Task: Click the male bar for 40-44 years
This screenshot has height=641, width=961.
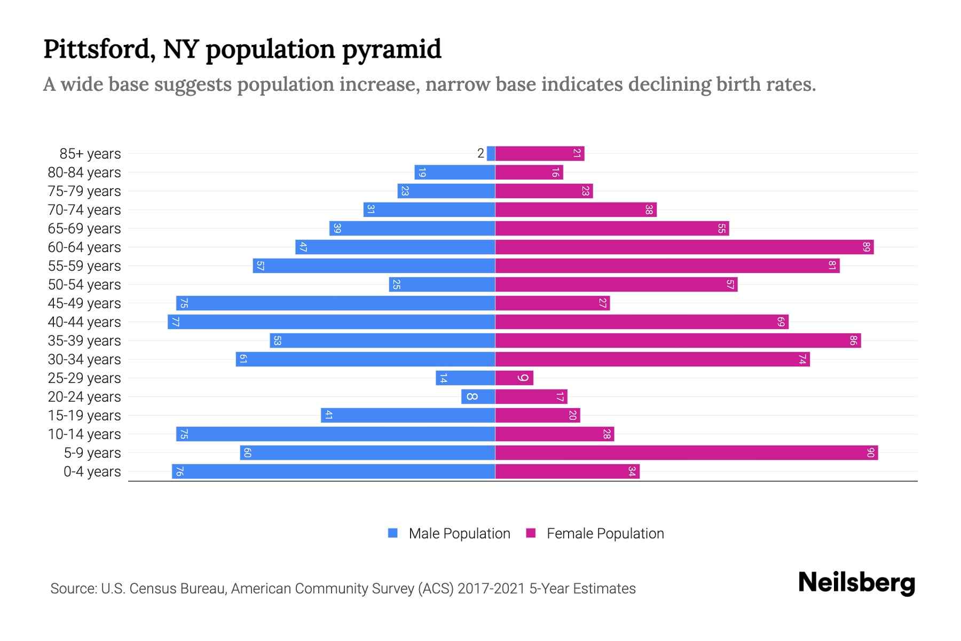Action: (331, 322)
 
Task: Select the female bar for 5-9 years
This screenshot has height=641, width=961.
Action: (686, 453)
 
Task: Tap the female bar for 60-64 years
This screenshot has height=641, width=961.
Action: (684, 247)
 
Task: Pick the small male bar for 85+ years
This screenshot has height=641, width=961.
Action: (491, 154)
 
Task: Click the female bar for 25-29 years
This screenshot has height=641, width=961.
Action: (514, 378)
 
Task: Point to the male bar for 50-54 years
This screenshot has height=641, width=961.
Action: (442, 285)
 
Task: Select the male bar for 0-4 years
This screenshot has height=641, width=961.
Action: (333, 472)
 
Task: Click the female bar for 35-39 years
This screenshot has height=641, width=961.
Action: (678, 341)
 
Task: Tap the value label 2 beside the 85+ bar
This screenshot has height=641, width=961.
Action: (480, 154)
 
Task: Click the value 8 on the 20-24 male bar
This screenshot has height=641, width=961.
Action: (472, 397)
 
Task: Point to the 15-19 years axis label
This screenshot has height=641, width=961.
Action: (84, 416)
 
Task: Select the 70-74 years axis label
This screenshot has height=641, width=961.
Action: (84, 210)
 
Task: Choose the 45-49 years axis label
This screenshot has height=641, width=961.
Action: (84, 303)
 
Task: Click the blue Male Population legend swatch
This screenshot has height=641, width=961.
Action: (393, 533)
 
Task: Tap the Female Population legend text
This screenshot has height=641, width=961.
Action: (605, 534)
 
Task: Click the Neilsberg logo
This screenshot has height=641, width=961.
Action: (856, 583)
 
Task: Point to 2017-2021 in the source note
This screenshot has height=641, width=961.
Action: (491, 589)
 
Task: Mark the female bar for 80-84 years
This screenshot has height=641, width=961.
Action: (529, 173)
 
